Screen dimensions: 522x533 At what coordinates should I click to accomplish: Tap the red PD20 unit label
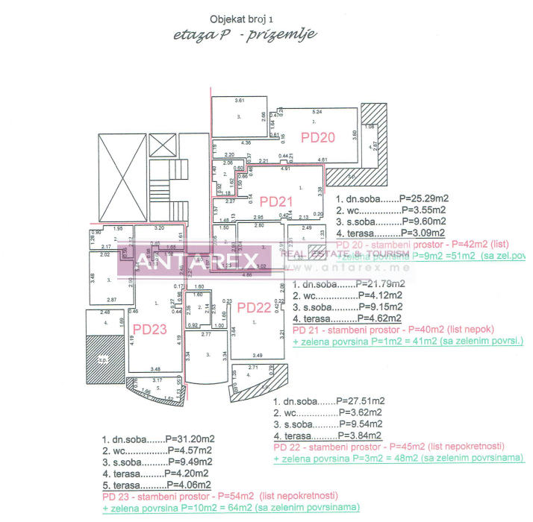click(x=318, y=136)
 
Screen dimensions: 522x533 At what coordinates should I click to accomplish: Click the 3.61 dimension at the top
click(x=240, y=100)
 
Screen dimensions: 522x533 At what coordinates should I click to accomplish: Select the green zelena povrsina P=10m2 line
click(x=230, y=507)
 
